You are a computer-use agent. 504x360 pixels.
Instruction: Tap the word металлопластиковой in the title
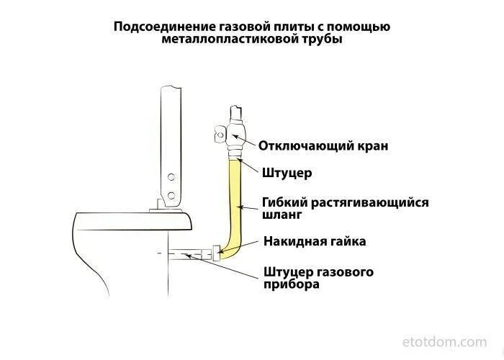[221, 40]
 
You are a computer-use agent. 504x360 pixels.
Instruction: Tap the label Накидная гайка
[315, 241]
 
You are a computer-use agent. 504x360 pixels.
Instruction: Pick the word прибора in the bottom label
[291, 284]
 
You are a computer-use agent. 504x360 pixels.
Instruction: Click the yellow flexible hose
[234, 209]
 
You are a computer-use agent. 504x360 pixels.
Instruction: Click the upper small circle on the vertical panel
[171, 177]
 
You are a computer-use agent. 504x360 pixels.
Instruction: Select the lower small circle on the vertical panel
[171, 194]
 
